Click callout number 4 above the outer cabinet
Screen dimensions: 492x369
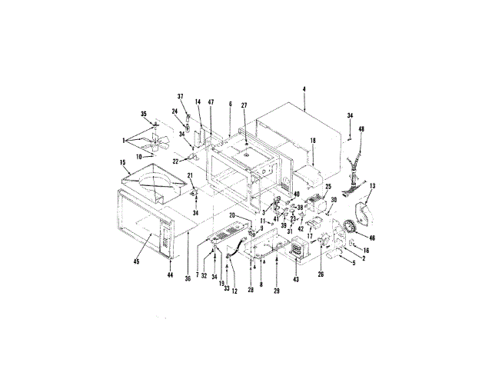point(304,91)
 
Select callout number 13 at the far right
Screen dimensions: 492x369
point(373,186)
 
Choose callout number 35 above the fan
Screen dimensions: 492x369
point(143,114)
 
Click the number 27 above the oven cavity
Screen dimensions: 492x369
point(244,105)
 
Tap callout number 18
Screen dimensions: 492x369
point(314,141)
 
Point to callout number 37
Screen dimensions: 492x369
point(181,96)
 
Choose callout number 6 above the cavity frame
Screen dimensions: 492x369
point(229,103)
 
